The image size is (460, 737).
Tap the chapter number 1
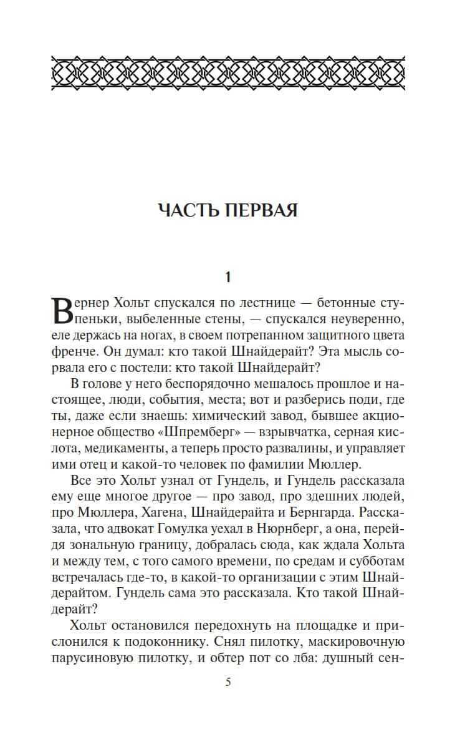[x=228, y=276]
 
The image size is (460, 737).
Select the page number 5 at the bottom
[x=228, y=682]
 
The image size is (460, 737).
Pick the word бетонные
[x=344, y=304]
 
